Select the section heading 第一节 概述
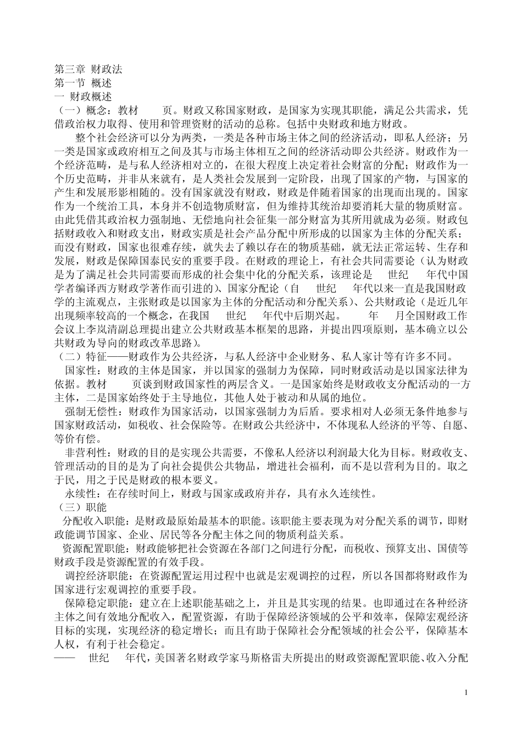click(83, 83)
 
